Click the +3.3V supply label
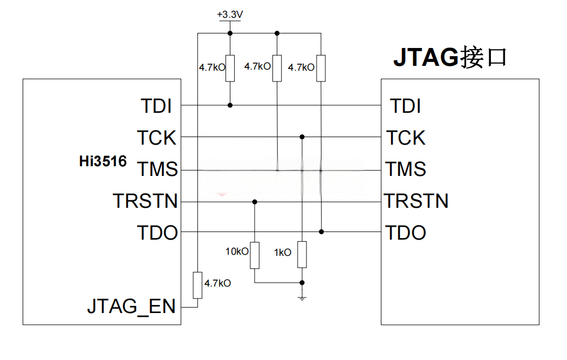click(x=230, y=15)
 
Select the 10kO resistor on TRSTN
click(x=255, y=255)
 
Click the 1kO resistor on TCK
click(x=302, y=254)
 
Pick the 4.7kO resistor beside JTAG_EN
click(x=197, y=285)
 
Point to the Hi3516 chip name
click(x=103, y=161)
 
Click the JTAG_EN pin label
click(x=132, y=307)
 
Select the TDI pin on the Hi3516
click(x=156, y=106)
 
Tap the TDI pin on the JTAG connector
click(x=405, y=106)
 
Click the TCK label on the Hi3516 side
click(x=156, y=138)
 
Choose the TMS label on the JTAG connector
click(x=406, y=169)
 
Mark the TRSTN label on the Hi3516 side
click(x=145, y=201)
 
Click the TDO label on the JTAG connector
click(x=406, y=233)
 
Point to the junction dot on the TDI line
click(x=230, y=105)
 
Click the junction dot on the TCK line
click(x=302, y=137)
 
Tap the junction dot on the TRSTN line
click(x=255, y=202)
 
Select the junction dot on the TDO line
click(x=321, y=232)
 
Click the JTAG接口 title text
click(x=450, y=57)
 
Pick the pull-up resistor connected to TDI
click(x=230, y=68)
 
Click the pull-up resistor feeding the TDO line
click(x=321, y=68)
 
